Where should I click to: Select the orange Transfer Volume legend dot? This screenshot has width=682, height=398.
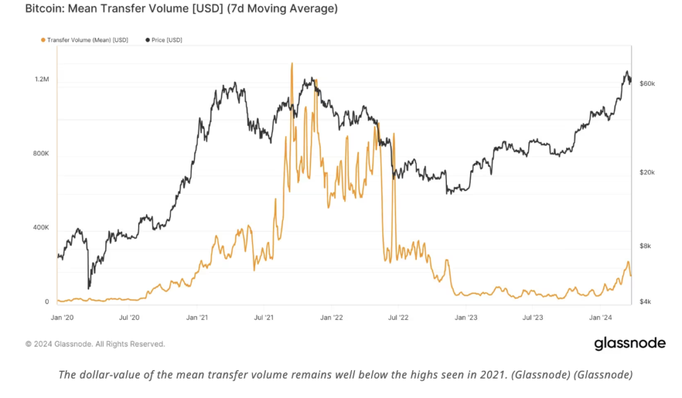coord(43,40)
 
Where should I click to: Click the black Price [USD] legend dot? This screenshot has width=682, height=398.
coord(147,40)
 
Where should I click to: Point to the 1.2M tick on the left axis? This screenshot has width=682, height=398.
coord(41,79)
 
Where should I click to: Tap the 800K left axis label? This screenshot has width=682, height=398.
coord(41,153)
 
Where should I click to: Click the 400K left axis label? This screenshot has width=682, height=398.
coord(41,228)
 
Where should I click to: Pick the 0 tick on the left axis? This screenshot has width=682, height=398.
coord(46,302)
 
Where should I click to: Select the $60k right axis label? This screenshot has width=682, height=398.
coord(647,84)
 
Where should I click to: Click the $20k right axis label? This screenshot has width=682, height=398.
coord(647,172)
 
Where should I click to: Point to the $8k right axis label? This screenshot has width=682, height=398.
coord(645,246)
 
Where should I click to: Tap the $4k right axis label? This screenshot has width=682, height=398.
coord(645,302)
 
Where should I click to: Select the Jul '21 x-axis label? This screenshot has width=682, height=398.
coord(264,318)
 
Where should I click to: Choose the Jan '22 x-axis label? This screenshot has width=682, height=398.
coord(331,318)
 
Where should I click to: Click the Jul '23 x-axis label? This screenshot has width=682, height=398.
coord(533,318)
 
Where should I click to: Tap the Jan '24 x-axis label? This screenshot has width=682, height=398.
coord(601,318)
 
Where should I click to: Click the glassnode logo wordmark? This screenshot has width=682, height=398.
coord(629,343)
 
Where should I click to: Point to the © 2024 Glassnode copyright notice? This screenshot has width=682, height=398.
coord(95,344)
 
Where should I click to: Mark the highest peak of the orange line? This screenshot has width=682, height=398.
coord(292,64)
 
